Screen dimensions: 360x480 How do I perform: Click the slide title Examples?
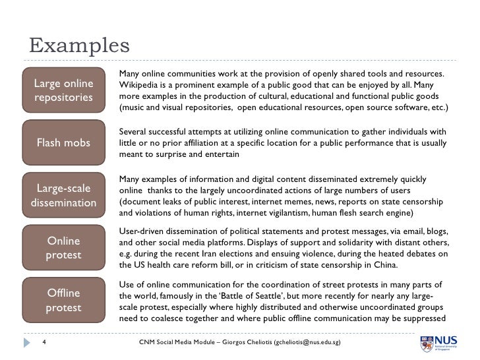tap(78, 46)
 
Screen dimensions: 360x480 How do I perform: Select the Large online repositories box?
tap(63, 91)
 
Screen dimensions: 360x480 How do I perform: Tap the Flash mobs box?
tap(63, 142)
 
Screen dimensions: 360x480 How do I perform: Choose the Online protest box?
tap(63, 248)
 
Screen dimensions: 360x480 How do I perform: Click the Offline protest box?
tap(63, 300)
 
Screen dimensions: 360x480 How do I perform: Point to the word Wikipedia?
tap(139, 84)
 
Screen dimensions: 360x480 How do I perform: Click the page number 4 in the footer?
tap(43, 344)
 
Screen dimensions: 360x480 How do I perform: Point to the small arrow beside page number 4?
tap(27, 344)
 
